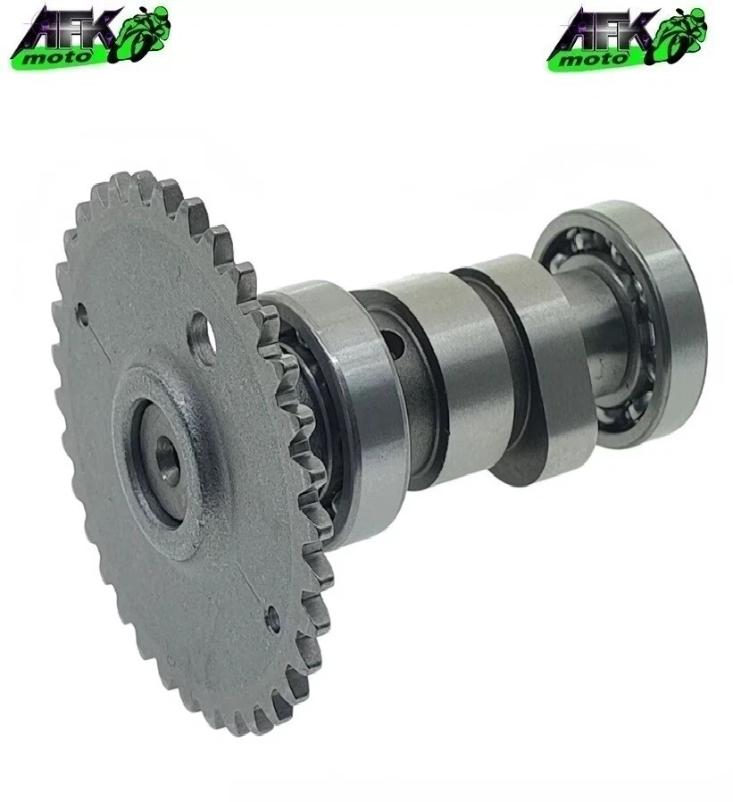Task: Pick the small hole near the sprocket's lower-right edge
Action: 273,616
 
